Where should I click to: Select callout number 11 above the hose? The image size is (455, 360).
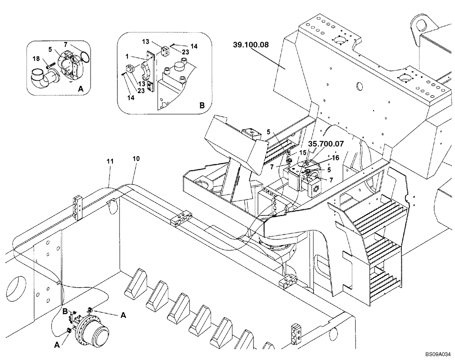tap(110, 161)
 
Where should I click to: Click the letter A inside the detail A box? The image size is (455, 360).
tap(81, 90)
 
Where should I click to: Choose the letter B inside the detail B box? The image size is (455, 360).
tap(202, 105)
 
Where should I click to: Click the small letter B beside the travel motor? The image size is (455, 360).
tap(65, 311)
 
